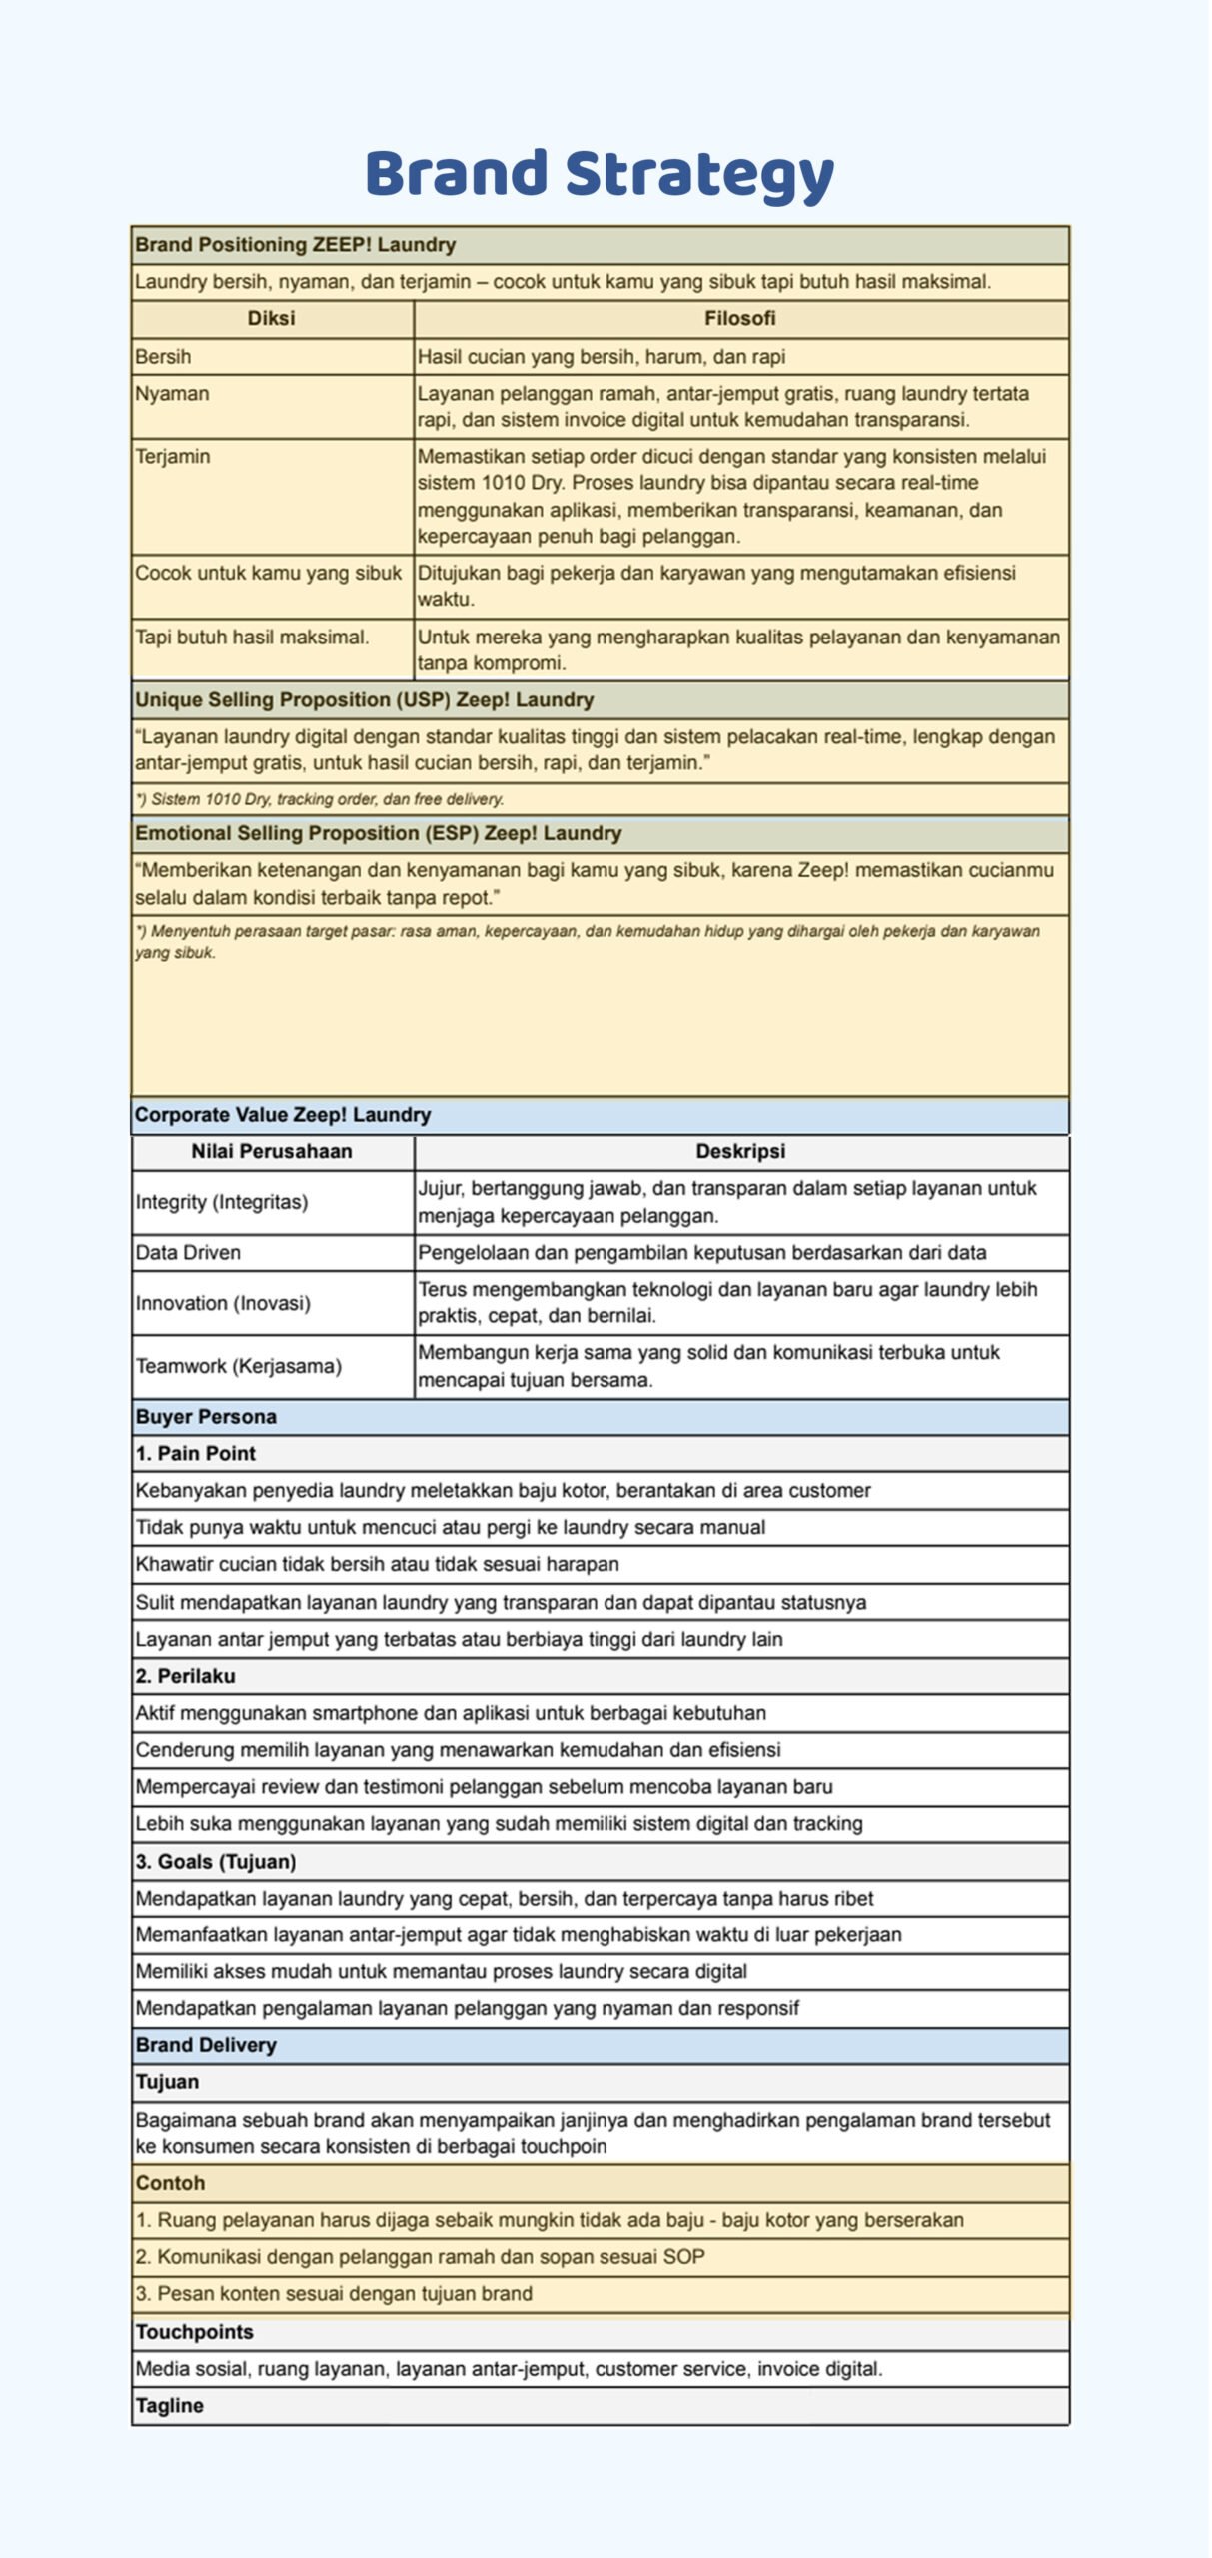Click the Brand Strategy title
pos(600,174)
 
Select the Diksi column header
pos(271,319)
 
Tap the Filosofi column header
pos(739,319)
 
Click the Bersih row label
pos(163,357)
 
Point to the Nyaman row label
pos(172,394)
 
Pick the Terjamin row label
pos(173,457)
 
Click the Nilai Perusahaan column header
pos(271,1151)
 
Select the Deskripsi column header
pos(739,1151)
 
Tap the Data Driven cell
pos(188,1253)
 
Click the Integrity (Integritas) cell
pos(222,1202)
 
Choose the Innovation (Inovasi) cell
pos(223,1303)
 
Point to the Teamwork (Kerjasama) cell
pos(239,1366)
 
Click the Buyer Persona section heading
pos(206,1417)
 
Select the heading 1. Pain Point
pos(196,1454)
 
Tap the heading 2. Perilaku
pos(186,1676)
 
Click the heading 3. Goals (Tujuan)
pos(216,1861)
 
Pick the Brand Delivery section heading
pos(206,2045)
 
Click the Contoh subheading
pos(170,2183)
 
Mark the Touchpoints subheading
pos(195,2332)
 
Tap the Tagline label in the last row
pos(170,2406)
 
